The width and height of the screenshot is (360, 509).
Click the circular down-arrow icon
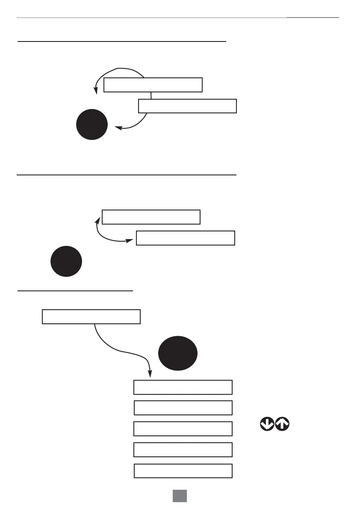[267, 424]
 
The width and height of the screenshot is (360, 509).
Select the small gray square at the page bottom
[180, 495]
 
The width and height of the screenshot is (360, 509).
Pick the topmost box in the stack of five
[183, 387]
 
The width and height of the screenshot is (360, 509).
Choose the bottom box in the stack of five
[183, 471]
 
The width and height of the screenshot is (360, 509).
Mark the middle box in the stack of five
[183, 429]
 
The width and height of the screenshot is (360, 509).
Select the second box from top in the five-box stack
[183, 408]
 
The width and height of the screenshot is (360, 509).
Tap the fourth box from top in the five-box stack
[183, 450]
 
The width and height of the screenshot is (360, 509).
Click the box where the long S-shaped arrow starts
[91, 317]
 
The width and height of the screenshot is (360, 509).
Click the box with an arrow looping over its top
[153, 85]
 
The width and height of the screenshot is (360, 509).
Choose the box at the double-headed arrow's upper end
[151, 217]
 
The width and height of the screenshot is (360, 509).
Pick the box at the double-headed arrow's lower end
[185, 238]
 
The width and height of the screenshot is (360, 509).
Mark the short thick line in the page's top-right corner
[313, 18]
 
